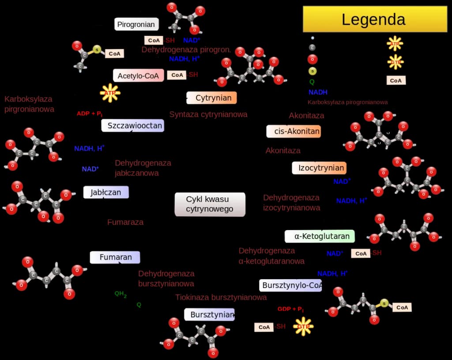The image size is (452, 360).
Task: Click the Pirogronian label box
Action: point(136,24)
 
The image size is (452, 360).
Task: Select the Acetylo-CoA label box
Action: point(138,76)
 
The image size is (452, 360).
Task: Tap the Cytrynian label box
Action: point(212,98)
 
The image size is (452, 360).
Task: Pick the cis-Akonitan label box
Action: point(293,131)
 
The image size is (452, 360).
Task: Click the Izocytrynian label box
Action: point(319,168)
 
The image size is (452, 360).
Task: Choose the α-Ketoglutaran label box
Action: point(320,236)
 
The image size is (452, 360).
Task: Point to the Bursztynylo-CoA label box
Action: point(290,285)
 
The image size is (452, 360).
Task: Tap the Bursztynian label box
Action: point(209,315)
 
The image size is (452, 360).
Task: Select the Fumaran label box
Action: point(115,257)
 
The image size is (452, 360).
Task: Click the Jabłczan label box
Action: point(106,192)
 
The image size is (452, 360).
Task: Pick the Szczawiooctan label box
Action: point(132,125)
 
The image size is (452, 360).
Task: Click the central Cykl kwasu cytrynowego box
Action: point(210,204)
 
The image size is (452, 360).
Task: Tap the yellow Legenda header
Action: point(375,19)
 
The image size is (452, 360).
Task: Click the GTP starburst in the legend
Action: point(395,61)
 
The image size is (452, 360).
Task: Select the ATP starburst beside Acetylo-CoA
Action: point(110,93)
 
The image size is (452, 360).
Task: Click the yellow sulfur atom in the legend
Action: point(313,71)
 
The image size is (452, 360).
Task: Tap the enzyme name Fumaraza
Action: point(125,222)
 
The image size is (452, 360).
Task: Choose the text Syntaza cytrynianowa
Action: point(208,114)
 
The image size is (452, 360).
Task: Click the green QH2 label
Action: point(121,293)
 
